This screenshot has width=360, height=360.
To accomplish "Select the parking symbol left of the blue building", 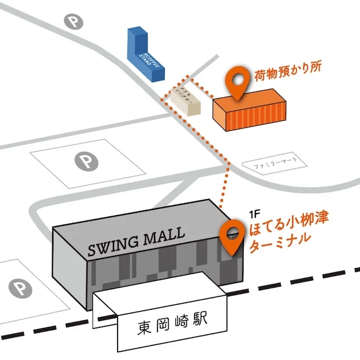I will [x=73, y=22].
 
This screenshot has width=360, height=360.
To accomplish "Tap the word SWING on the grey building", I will [x=112, y=247].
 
